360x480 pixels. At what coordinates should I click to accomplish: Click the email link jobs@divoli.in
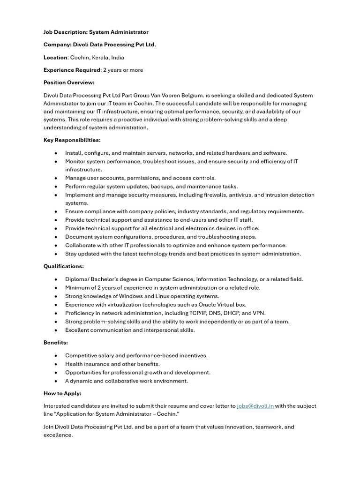pos(255,406)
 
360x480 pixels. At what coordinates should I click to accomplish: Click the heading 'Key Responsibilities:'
pos(72,140)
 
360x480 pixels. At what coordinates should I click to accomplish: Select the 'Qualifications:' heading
pos(64,266)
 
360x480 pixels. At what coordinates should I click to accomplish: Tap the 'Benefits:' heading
pos(56,343)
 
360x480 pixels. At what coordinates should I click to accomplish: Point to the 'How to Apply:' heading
pos(62,393)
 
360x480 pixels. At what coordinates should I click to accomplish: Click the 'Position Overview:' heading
pos(69,82)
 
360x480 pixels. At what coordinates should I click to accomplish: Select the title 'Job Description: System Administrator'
pos(96,32)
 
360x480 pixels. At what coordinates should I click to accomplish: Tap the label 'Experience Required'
pos(72,70)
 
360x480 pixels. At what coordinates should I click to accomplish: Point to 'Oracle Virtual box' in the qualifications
pos(222,305)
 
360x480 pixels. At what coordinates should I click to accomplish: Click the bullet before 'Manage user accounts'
pos(56,178)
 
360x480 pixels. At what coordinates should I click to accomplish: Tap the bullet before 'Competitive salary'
pos(56,356)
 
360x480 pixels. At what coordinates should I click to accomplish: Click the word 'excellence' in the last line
pos(58,435)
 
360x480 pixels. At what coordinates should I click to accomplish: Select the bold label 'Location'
pos(55,57)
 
